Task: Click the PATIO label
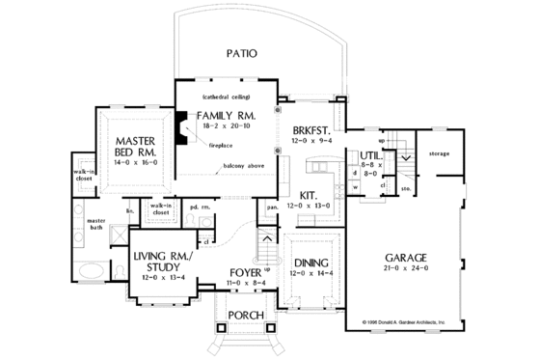240,54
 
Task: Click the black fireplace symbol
179,125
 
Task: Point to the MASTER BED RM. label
134,145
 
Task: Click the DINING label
311,263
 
